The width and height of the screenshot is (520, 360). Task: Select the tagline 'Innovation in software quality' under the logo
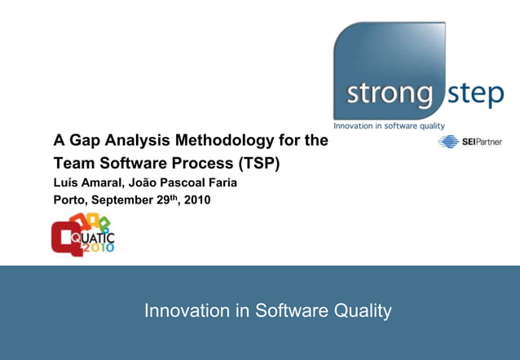click(x=390, y=126)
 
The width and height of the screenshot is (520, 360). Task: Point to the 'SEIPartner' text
click(x=482, y=142)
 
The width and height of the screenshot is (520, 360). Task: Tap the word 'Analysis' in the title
click(x=135, y=140)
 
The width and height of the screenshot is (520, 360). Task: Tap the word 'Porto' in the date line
click(x=69, y=200)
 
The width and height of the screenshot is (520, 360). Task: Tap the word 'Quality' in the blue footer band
click(x=363, y=310)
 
